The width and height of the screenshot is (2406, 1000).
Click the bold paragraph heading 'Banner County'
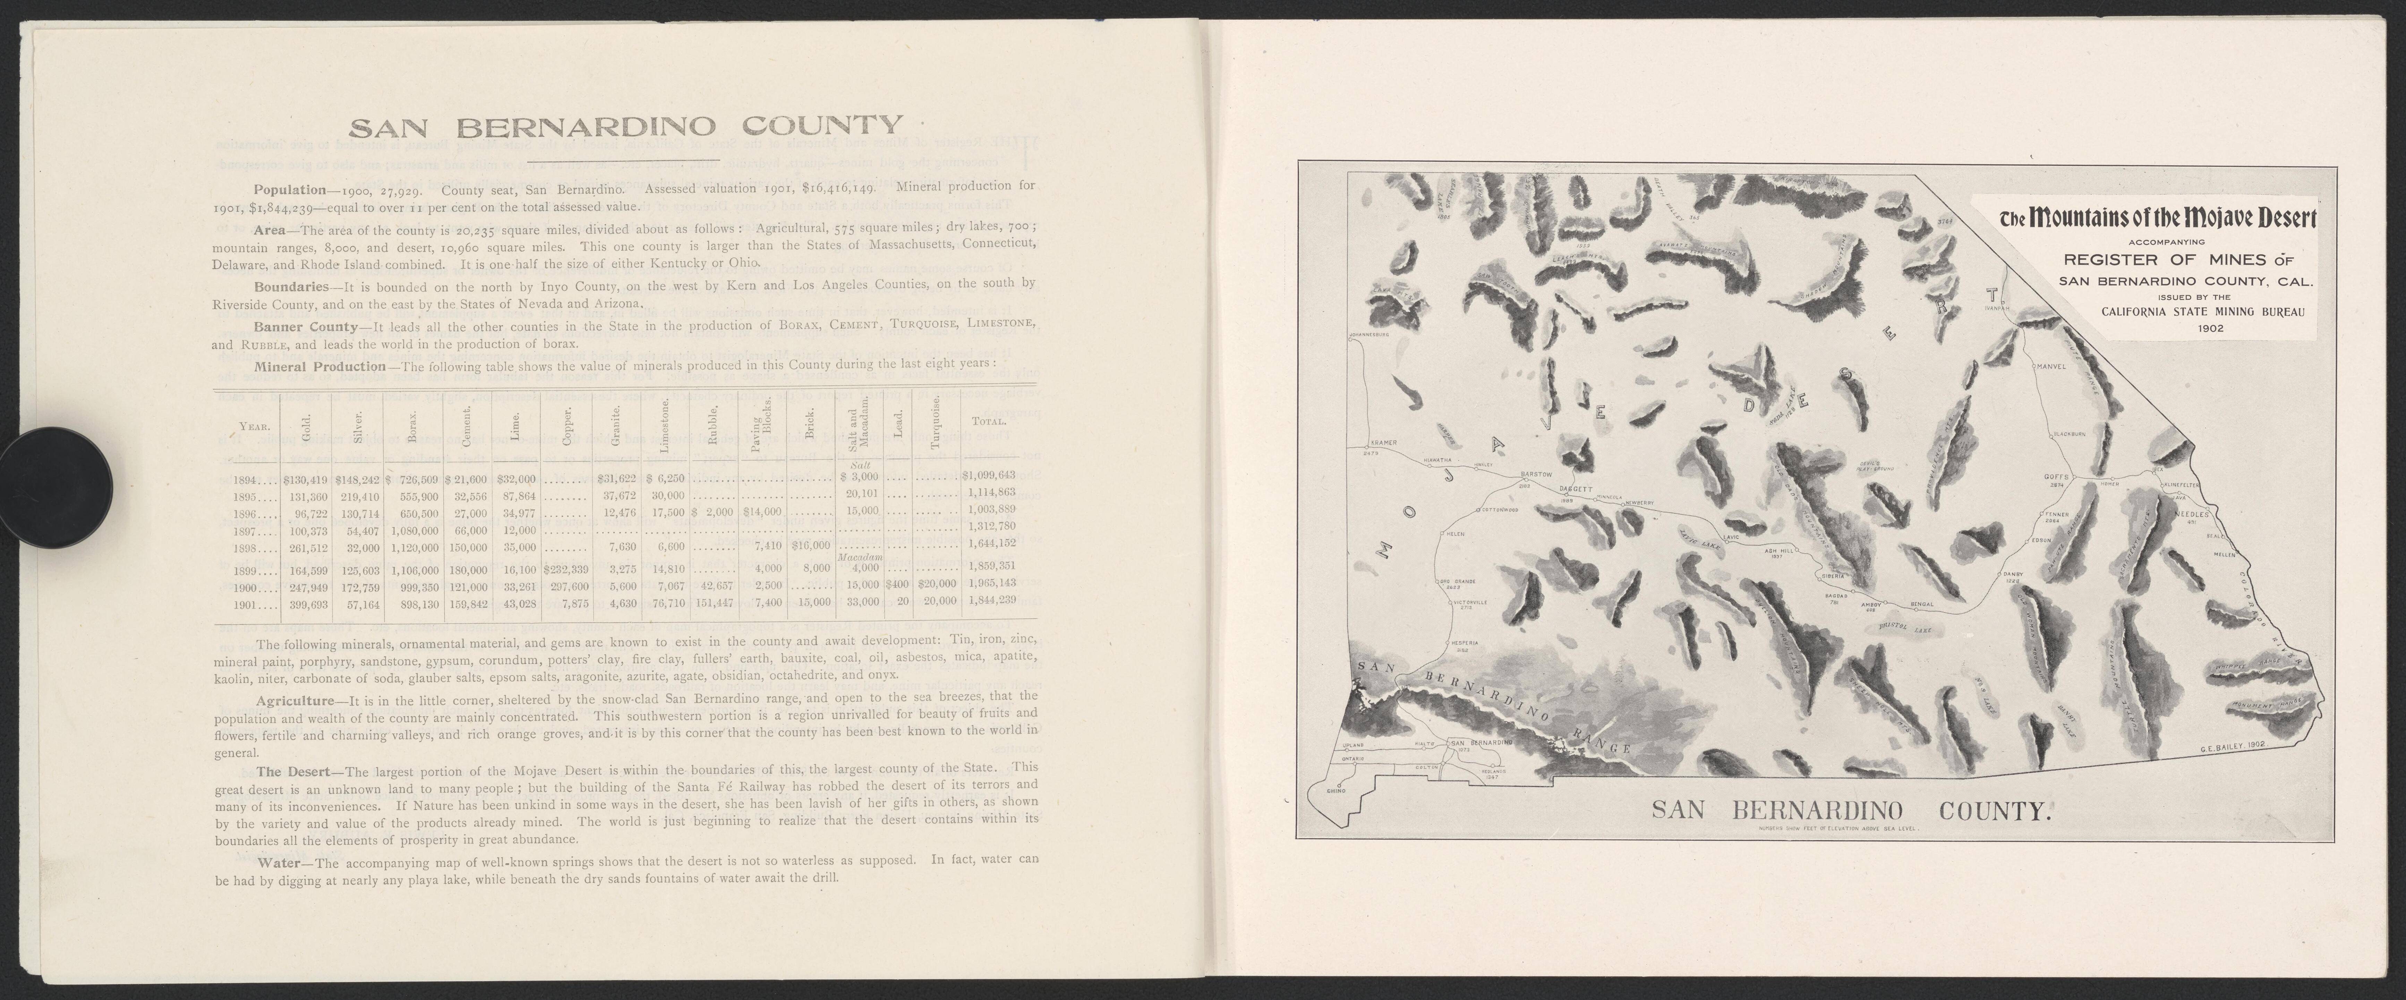(x=305, y=327)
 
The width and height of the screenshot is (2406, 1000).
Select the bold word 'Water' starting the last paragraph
(x=284, y=862)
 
